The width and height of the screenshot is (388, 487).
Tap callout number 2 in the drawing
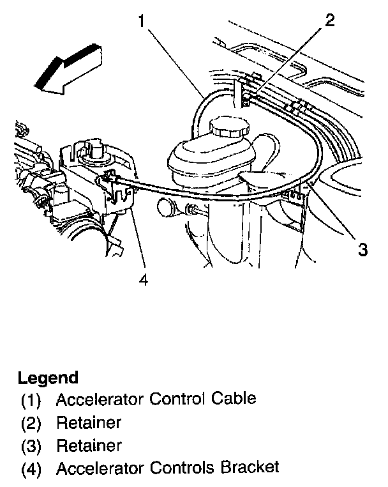point(329,20)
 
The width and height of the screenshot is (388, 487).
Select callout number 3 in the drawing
point(362,250)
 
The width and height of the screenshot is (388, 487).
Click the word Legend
point(48,377)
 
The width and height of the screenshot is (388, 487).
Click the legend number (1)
point(31,401)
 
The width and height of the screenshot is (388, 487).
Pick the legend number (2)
point(31,423)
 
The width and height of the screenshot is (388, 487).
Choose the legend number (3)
point(31,445)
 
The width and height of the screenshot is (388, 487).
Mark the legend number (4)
point(31,468)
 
